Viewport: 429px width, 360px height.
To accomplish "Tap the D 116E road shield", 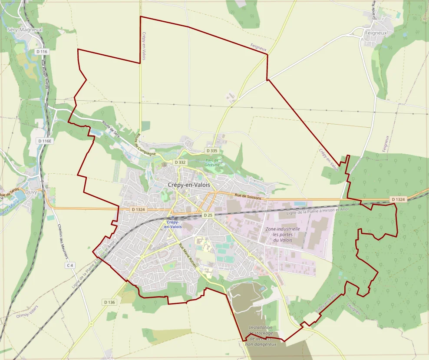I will coord(44,141).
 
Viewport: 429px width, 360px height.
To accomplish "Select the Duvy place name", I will coord(31,191).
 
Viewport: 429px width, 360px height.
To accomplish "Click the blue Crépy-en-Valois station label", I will coord(173,225).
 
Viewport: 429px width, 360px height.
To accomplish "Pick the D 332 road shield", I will coord(180,162).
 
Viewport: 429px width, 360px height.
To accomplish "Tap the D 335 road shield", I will coord(211,151).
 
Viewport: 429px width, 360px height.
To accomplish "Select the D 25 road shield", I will coord(208,215).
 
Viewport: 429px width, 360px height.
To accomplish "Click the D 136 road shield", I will coord(109,302).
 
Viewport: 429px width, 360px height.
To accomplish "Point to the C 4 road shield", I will coord(70,265).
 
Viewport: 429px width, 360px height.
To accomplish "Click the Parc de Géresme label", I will coord(213,162).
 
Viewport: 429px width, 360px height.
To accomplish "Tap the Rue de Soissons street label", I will coord(248,197).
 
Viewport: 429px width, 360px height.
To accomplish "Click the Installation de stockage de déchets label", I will coord(261,336).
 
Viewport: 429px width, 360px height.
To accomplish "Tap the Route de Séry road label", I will coord(110,129).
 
